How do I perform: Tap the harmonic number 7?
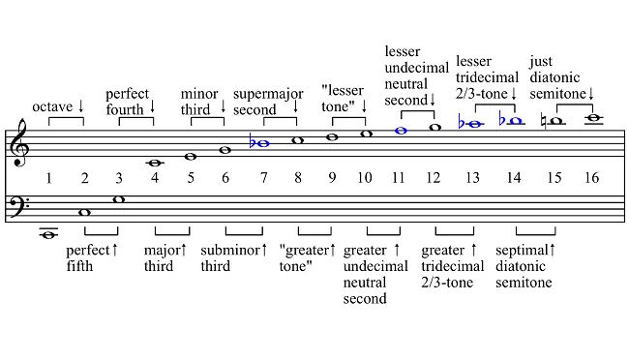(x=260, y=178)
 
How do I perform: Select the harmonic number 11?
(x=398, y=178)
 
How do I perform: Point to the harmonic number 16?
(x=591, y=178)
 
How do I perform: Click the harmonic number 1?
(x=48, y=178)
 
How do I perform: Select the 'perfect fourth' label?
(x=128, y=101)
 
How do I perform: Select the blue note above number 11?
(x=401, y=129)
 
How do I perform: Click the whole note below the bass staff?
(x=48, y=232)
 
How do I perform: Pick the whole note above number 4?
(x=154, y=163)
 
